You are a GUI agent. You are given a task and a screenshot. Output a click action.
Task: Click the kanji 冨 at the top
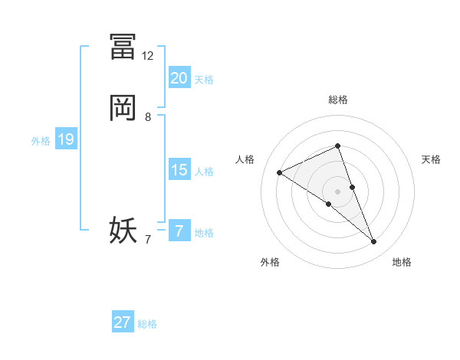[x=123, y=46]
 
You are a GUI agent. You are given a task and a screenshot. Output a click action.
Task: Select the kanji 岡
[x=123, y=108]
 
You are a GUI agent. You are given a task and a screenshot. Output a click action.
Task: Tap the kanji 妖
[x=123, y=230]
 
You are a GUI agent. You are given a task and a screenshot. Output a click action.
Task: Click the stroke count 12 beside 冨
[x=148, y=56]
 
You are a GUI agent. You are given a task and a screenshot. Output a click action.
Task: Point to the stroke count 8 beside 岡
[x=148, y=117]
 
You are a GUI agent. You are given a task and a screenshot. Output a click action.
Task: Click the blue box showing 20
[x=179, y=78]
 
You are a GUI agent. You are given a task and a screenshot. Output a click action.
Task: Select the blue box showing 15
[x=179, y=170]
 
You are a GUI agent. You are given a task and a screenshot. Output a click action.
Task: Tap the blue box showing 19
[x=66, y=139]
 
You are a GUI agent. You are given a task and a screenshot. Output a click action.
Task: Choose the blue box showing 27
[x=123, y=322]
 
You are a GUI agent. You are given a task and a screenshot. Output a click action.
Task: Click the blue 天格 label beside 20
[x=204, y=80]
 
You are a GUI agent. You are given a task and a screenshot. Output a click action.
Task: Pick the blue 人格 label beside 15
[x=204, y=172]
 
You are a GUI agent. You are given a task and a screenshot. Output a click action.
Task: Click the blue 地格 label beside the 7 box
[x=204, y=233]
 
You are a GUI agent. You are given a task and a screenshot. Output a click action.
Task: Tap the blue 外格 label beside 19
[x=41, y=141]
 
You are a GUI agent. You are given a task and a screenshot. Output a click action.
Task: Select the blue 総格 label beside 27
[x=147, y=324]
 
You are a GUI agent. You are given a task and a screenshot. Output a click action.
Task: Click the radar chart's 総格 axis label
[x=337, y=100]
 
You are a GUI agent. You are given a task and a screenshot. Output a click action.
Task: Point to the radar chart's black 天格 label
[x=432, y=159]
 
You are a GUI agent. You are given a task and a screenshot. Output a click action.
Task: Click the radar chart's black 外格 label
[x=270, y=262]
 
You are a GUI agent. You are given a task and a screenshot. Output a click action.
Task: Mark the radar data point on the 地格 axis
[x=374, y=242]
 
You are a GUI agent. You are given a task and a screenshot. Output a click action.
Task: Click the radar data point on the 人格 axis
[x=280, y=172]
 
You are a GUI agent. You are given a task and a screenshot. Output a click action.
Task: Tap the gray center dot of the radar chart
[x=337, y=191]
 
